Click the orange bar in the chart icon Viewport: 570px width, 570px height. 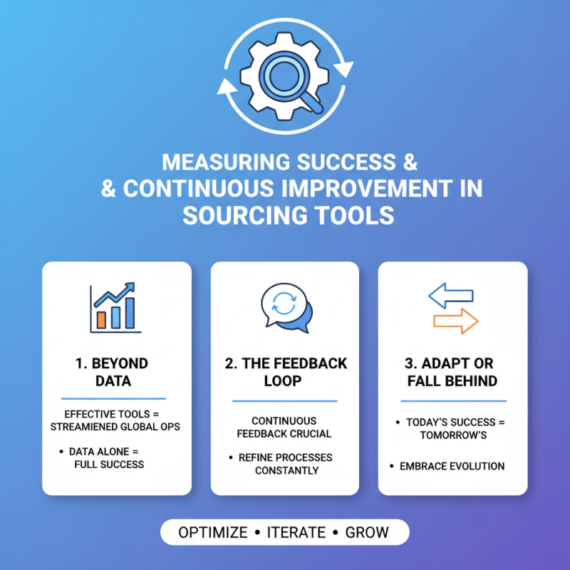(101, 319)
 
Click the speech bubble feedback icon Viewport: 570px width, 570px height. (286, 308)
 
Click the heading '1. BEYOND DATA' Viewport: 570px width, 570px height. (113, 372)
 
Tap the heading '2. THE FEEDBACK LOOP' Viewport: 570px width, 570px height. (286, 372)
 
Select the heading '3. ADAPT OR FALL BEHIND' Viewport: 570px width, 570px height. (452, 372)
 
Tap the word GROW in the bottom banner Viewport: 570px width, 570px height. (367, 532)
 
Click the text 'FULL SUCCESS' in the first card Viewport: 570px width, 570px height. (109, 465)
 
